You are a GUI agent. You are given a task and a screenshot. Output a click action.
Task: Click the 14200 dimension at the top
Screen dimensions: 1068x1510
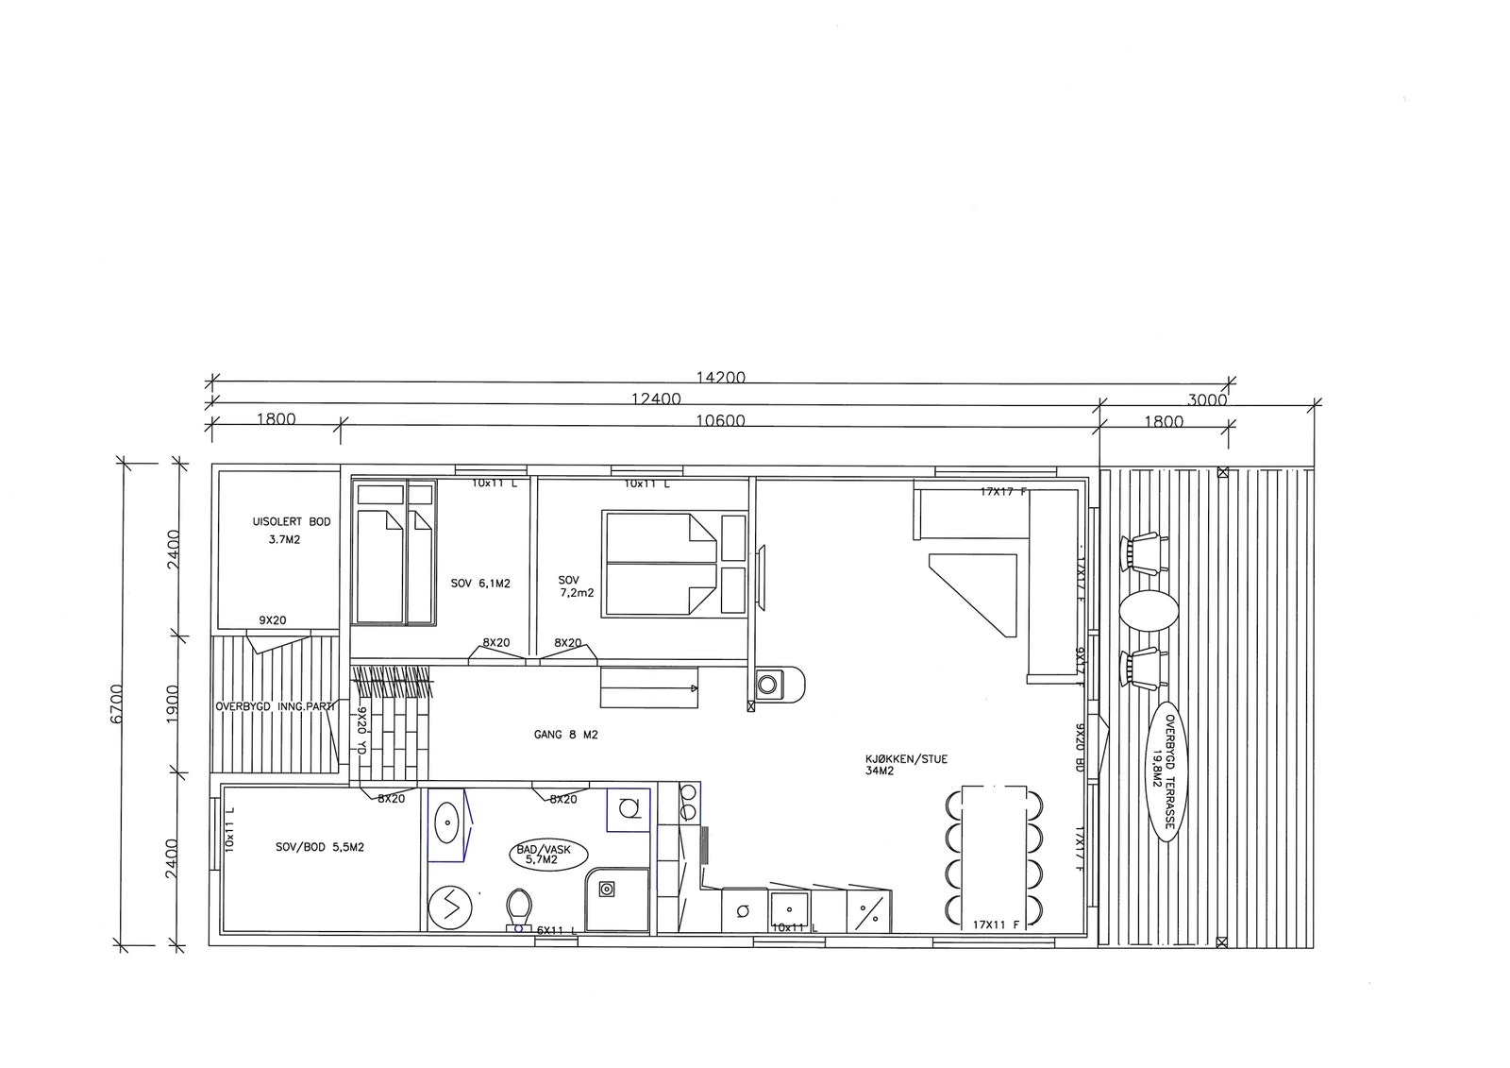[x=720, y=378]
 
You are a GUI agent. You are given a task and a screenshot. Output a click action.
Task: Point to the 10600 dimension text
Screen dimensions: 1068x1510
[x=719, y=421]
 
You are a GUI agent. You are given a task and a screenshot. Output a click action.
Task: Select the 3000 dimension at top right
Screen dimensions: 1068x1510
[x=1206, y=399]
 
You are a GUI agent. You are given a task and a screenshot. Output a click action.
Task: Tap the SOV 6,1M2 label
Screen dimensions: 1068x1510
[x=480, y=584]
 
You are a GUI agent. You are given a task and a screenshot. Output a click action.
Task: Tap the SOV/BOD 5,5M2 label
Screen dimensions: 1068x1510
[x=320, y=847]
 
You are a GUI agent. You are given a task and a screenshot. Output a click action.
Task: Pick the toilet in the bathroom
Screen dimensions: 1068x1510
[x=518, y=908]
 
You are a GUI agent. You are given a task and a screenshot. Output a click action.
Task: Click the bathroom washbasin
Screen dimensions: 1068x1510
[x=445, y=822]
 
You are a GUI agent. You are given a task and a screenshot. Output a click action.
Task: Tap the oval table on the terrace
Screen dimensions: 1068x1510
[x=1148, y=609]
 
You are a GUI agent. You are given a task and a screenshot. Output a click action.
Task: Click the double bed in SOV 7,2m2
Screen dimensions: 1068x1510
[x=660, y=565]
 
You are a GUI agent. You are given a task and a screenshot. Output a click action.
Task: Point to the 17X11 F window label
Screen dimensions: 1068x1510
[x=994, y=925]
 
